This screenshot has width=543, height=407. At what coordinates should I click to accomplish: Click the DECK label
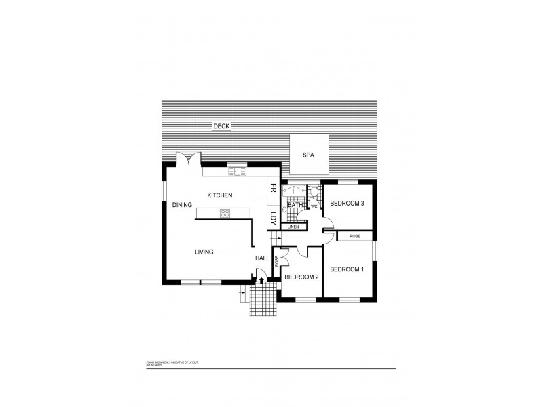221,126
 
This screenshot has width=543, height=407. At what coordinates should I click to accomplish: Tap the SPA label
309,155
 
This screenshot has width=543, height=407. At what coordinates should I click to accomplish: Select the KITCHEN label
220,195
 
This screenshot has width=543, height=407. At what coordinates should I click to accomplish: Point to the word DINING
182,204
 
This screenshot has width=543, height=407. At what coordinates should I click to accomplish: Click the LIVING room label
204,252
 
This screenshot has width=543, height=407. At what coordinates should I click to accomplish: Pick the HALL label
262,258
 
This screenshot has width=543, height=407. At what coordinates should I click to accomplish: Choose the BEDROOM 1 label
347,269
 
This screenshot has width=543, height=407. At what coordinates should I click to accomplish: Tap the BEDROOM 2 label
301,277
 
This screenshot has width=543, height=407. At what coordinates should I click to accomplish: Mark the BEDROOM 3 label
347,203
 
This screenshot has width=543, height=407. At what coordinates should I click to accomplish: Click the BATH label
295,204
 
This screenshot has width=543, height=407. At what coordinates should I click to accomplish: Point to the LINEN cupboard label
293,227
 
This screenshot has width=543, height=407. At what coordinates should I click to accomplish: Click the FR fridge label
274,189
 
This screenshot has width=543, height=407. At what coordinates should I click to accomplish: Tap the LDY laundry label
274,218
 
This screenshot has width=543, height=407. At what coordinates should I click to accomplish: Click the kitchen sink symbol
237,171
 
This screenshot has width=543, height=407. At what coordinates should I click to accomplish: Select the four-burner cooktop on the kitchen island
225,213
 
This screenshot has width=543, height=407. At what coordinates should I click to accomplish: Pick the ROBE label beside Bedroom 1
354,236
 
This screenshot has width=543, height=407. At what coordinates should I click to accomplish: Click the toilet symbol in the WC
314,191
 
